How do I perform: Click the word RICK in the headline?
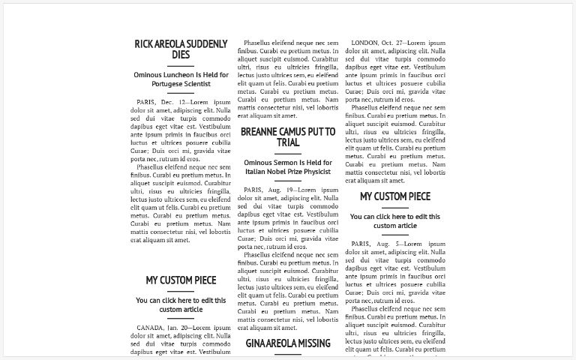point(144,44)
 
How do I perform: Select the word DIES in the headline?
point(180,55)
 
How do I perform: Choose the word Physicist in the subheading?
point(313,172)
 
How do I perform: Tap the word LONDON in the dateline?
point(365,43)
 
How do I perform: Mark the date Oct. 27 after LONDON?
point(394,43)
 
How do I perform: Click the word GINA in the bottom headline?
point(259,343)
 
